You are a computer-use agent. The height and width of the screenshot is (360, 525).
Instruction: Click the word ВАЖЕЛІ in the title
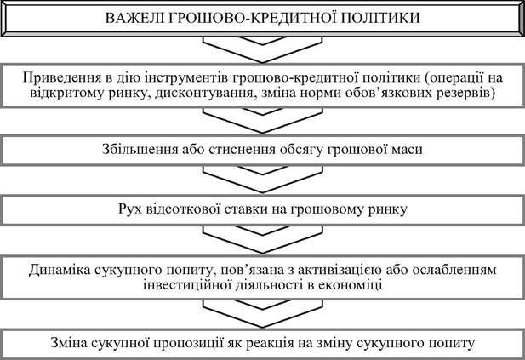click(134, 18)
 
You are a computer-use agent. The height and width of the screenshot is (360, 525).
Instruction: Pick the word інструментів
click(185, 78)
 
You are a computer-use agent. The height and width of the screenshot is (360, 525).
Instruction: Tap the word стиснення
click(242, 150)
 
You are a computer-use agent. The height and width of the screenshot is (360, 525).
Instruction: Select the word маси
click(407, 150)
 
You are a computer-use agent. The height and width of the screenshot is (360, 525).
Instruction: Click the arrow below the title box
click(262, 49)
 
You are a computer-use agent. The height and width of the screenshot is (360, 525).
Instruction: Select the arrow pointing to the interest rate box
click(262, 179)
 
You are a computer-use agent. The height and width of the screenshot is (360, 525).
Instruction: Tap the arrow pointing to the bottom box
click(262, 313)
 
